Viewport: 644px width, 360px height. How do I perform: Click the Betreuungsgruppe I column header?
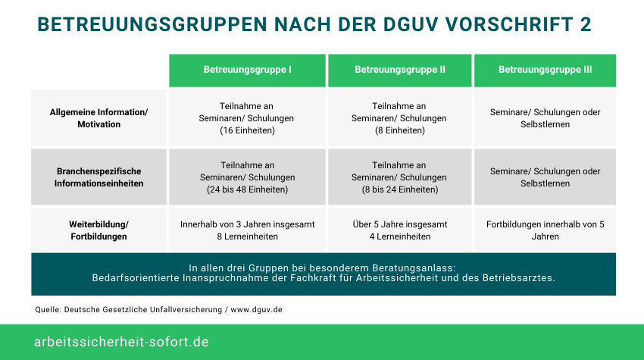(247, 70)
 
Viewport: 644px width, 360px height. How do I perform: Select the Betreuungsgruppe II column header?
(399, 70)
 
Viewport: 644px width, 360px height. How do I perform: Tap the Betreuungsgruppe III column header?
(545, 70)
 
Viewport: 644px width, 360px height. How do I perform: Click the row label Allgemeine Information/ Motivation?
(99, 118)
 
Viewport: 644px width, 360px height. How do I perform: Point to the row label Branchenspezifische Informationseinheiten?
(99, 177)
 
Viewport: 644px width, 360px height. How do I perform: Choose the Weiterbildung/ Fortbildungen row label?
(99, 230)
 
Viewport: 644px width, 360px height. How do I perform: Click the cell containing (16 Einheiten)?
(247, 118)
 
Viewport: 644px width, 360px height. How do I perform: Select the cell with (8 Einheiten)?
(399, 118)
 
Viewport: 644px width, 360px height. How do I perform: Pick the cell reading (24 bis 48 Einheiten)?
(247, 177)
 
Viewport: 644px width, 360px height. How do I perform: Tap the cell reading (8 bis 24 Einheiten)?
(399, 177)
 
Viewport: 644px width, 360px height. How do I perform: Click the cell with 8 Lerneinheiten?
(247, 230)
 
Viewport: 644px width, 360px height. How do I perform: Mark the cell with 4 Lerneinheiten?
(399, 230)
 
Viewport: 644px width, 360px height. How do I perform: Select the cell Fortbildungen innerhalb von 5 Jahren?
(545, 230)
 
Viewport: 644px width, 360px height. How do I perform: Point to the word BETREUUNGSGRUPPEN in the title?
(152, 24)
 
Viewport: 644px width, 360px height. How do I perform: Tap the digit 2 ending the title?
(586, 24)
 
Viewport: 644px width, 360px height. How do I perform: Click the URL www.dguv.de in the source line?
(256, 309)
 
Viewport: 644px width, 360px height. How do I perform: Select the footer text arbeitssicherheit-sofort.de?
(121, 342)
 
